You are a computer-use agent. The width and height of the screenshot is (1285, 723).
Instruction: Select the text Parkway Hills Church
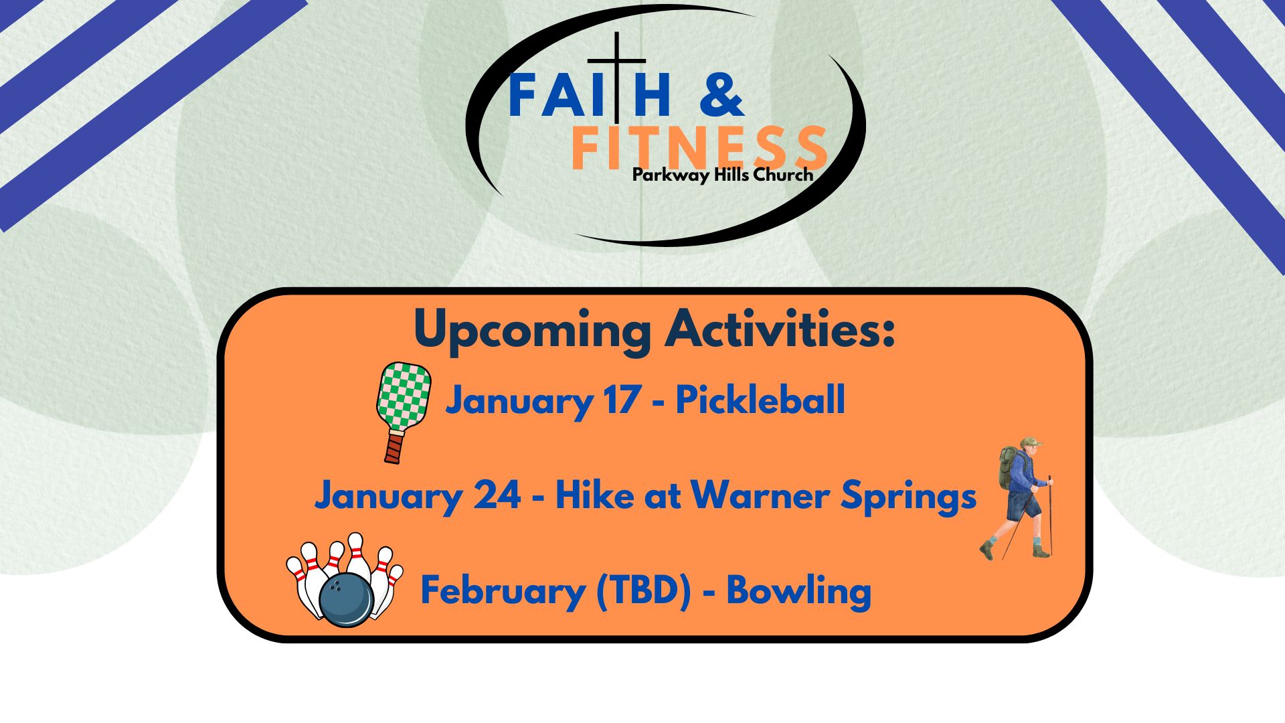click(723, 175)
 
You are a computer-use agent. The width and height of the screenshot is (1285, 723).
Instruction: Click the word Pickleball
click(760, 400)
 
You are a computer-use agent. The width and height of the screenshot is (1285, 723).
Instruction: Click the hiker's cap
click(1031, 443)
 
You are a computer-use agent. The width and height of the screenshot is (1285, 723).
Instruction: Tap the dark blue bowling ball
click(346, 600)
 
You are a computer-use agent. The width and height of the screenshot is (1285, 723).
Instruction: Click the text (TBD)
click(643, 592)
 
